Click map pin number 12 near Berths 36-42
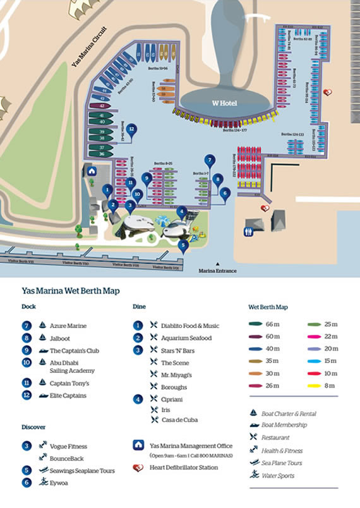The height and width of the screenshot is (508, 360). point(131,130)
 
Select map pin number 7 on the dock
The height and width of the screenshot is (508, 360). point(210,160)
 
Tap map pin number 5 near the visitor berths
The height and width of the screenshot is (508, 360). point(183,243)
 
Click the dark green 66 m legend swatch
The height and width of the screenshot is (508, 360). point(256,324)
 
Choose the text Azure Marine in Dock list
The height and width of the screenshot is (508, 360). point(68,325)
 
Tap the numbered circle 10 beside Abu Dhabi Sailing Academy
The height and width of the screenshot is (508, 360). point(26,363)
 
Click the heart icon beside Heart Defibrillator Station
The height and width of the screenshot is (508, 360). point(137,468)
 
